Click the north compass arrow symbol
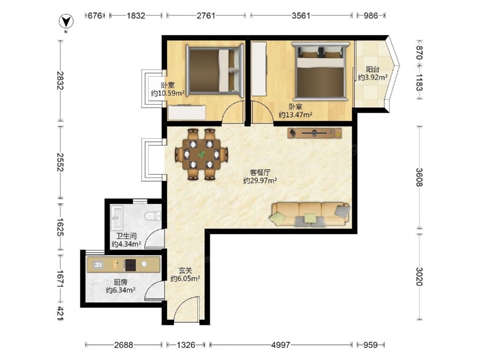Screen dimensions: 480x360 tap(66, 22)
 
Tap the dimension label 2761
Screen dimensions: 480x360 tap(206, 15)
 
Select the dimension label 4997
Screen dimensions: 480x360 tap(280, 345)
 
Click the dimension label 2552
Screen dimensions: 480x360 tap(60, 163)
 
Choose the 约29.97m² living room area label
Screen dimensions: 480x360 tap(260, 180)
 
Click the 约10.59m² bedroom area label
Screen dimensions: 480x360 tap(168, 93)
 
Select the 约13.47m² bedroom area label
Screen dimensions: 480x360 tap(295, 115)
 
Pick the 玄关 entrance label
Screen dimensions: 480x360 tap(185, 271)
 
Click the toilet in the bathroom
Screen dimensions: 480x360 tap(153, 216)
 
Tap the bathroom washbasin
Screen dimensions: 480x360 tap(117, 217)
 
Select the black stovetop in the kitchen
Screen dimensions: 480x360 tap(130, 265)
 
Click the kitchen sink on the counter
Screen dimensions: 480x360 tap(98, 264)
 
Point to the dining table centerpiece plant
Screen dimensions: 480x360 tap(202, 154)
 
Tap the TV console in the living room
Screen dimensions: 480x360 tap(314, 133)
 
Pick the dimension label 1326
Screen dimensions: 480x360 tap(186, 345)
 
